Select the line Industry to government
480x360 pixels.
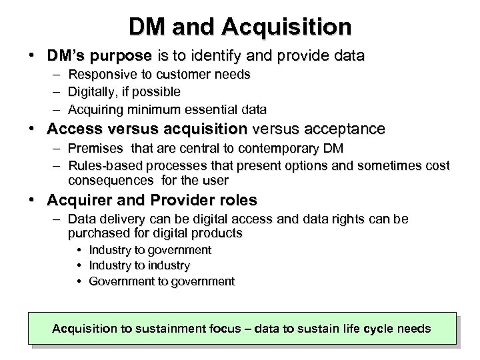[x=149, y=251]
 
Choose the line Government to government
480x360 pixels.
[x=161, y=281]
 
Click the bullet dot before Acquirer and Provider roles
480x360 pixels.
[x=31, y=200]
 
